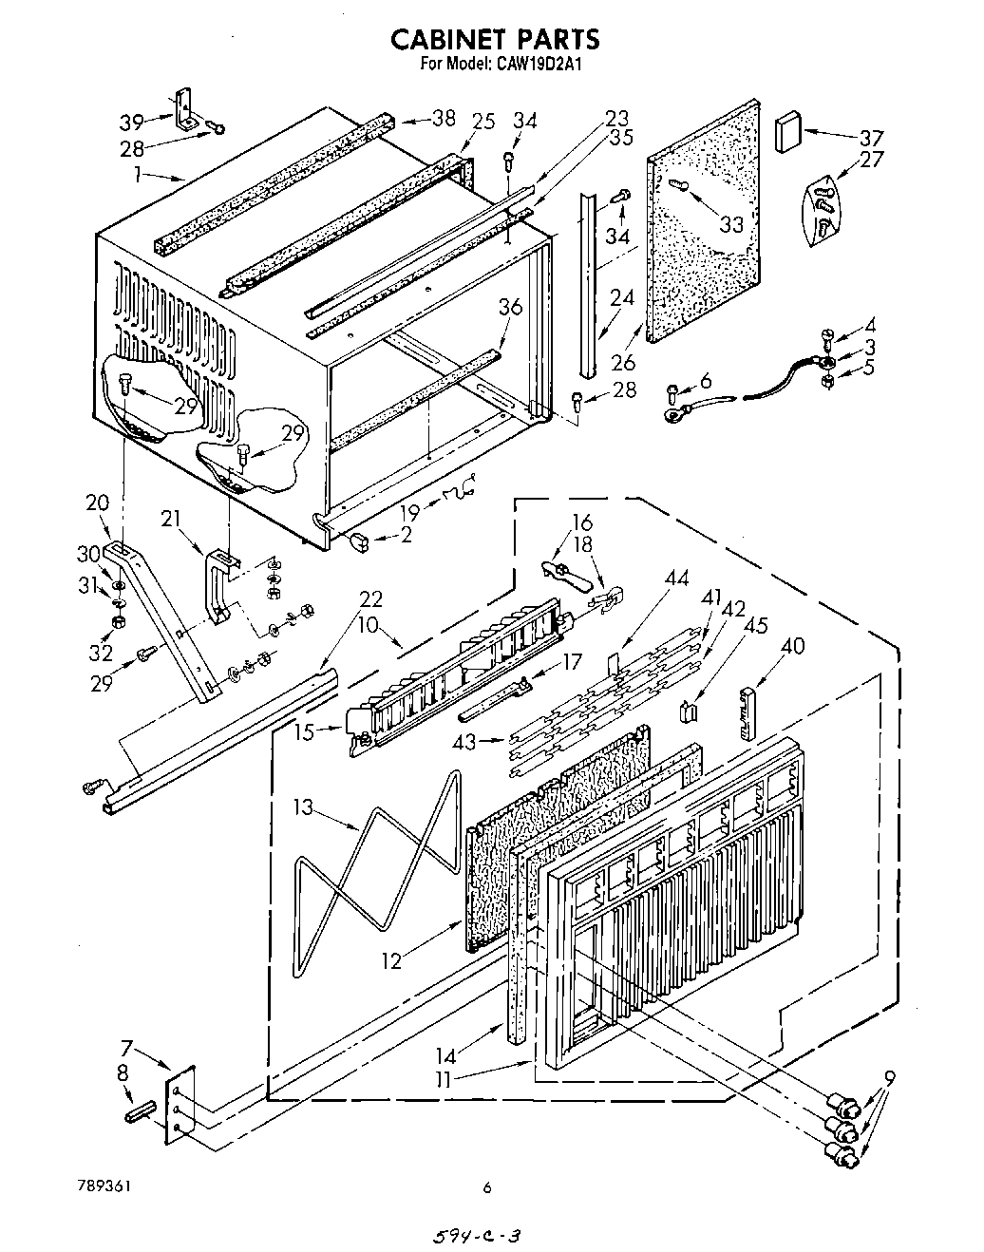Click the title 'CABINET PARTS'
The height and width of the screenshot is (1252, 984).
pos(496,39)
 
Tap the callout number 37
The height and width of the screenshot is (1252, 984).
pos(871,136)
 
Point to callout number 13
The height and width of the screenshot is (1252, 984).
pos(303,807)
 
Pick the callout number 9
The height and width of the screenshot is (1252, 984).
pos(889,1077)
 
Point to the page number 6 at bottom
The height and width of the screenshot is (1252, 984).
pos(486,1186)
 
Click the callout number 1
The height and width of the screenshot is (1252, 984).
pos(139,174)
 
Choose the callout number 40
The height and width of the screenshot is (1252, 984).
pos(792,647)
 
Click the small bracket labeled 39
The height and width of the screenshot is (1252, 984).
pos(185,108)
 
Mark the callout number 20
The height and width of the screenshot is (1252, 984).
pos(98,503)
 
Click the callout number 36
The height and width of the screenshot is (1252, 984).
pos(510,308)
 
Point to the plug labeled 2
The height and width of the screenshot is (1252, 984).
pos(359,541)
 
